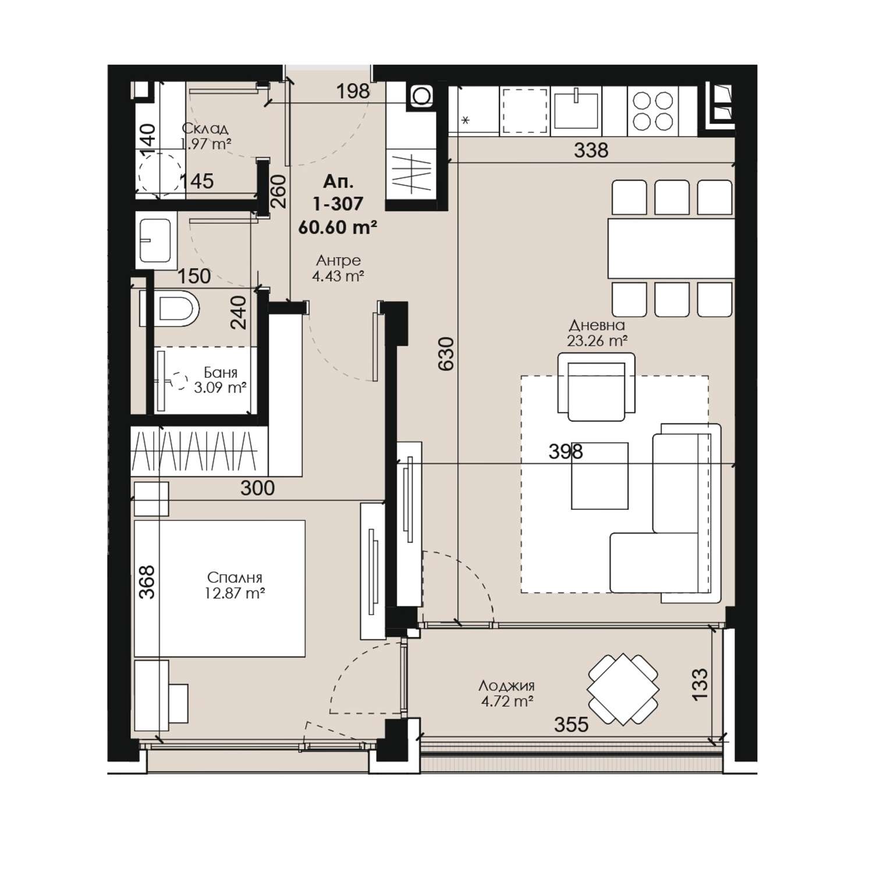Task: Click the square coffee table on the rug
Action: [599, 475]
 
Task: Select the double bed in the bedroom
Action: [219, 588]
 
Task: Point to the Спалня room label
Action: [235, 578]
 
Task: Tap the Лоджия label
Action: [506, 686]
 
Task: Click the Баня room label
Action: [220, 372]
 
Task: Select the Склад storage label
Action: [204, 129]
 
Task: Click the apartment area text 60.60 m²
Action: [338, 227]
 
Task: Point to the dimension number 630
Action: [445, 353]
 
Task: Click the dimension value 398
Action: [566, 452]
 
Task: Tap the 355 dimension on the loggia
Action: [571, 725]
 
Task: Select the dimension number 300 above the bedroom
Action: [257, 488]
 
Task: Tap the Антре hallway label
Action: [339, 260]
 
